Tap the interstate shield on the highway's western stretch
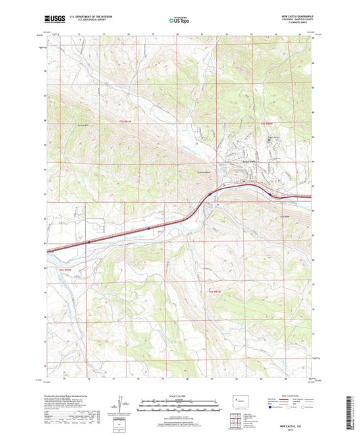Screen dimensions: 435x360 pyautogui.click(x=88, y=239)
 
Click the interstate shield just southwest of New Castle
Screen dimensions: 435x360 pyautogui.click(x=210, y=193)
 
